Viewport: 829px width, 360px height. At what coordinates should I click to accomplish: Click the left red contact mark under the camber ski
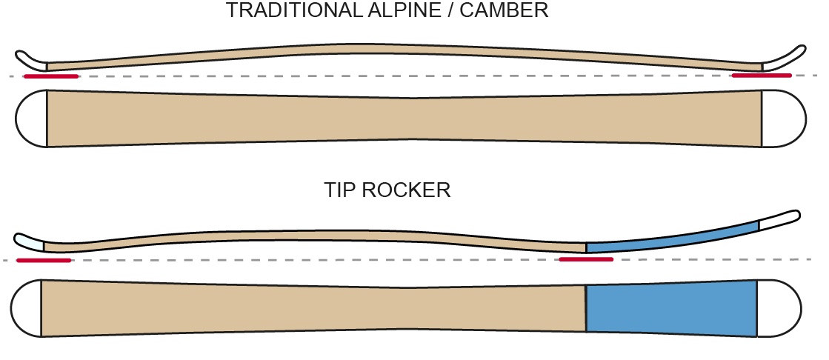coord(50,76)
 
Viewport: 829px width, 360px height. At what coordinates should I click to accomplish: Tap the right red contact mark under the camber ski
coord(761,76)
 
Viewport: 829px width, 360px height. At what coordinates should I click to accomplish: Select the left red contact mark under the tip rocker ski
coord(43,260)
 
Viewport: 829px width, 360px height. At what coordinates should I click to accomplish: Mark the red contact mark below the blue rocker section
coord(586,259)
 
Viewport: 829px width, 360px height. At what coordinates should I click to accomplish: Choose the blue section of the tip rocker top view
coord(670,307)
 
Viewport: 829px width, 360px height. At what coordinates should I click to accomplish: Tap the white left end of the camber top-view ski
coord(32,119)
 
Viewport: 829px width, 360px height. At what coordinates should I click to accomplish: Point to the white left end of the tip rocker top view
coord(26,308)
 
